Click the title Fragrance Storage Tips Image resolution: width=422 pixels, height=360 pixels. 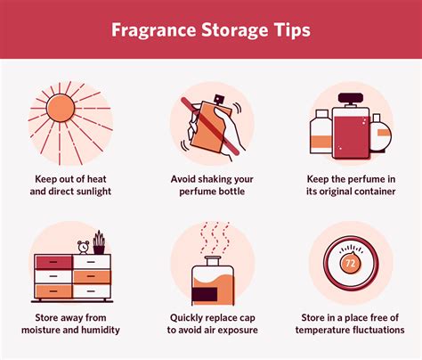tap(210, 29)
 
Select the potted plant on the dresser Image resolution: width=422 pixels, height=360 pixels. tap(99, 241)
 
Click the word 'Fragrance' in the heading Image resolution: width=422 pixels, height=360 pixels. tap(154, 29)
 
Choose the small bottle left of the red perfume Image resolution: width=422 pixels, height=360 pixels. tap(319, 134)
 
